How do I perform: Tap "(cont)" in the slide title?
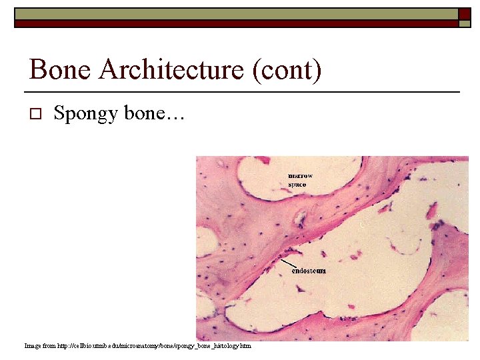(287, 70)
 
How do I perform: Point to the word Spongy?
(86, 114)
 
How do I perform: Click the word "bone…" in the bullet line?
(158, 113)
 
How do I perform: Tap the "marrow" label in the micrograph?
(300, 176)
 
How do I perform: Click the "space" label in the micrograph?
(297, 184)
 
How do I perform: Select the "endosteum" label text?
(309, 271)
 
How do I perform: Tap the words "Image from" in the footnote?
(40, 346)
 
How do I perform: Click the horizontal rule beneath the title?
(242, 91)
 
